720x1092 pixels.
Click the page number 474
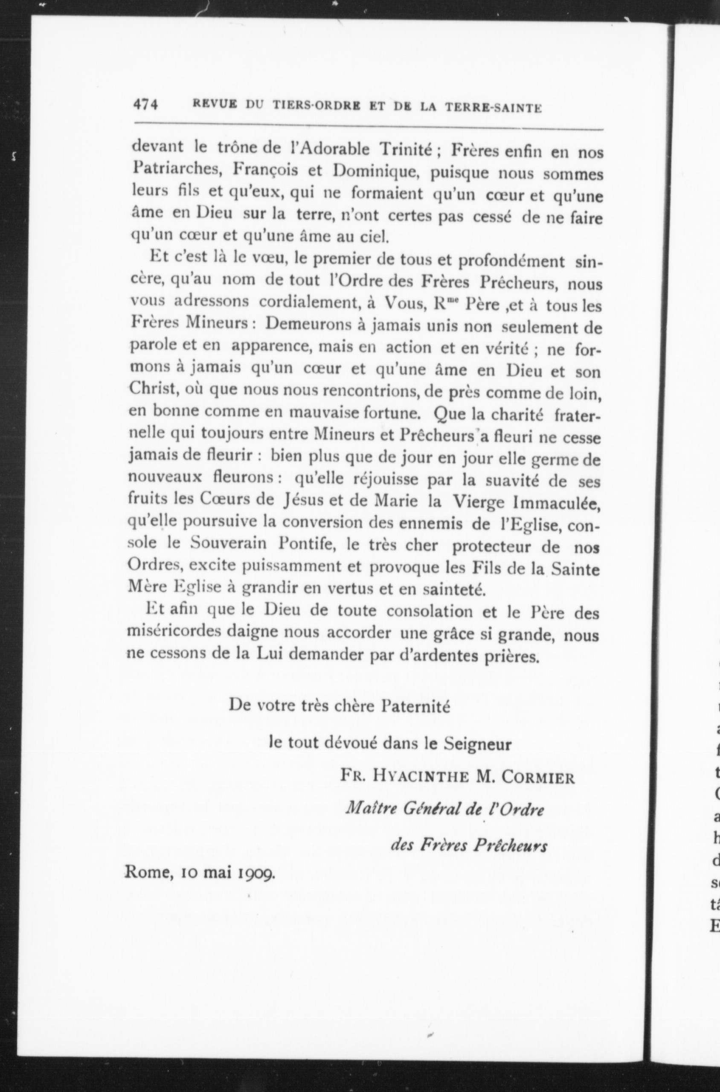coord(145,105)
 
